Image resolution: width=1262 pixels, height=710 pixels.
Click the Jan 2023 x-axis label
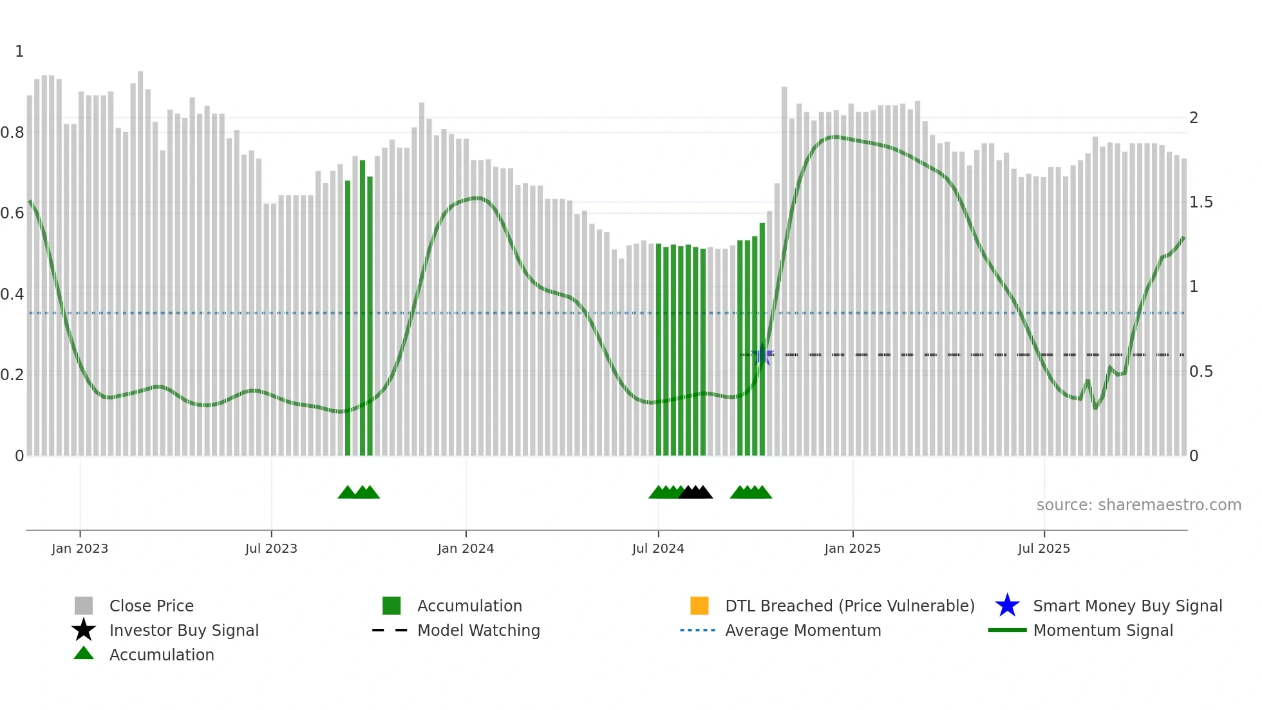[80, 548]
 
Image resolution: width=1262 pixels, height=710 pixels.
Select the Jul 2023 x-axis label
[271, 548]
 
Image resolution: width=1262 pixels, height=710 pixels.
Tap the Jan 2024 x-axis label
[466, 548]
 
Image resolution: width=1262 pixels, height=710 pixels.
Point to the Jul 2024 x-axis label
[658, 548]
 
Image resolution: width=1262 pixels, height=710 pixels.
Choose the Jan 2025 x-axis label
[852, 548]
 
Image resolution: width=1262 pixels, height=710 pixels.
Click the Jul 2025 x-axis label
[1044, 548]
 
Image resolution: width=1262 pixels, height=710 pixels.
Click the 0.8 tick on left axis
[12, 133]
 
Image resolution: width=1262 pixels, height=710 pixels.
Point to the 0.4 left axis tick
[12, 294]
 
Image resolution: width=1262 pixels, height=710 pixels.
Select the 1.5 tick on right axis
[1201, 202]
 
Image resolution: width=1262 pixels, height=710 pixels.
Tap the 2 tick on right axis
[1194, 118]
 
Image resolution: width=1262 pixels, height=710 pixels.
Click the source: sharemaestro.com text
[1138, 505]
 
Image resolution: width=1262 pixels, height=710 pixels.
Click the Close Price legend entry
[151, 606]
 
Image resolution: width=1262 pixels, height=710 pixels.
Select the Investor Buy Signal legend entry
[184, 630]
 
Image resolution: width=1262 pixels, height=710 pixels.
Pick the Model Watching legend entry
[478, 630]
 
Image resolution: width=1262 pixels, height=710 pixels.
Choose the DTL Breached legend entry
[849, 606]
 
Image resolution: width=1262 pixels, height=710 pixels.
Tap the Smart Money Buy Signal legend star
[1007, 606]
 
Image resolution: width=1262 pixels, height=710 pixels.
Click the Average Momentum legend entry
[803, 630]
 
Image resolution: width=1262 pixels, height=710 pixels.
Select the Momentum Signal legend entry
[1103, 630]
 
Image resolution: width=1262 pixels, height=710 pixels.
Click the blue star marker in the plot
[763, 355]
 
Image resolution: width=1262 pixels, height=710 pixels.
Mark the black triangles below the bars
[695, 492]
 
